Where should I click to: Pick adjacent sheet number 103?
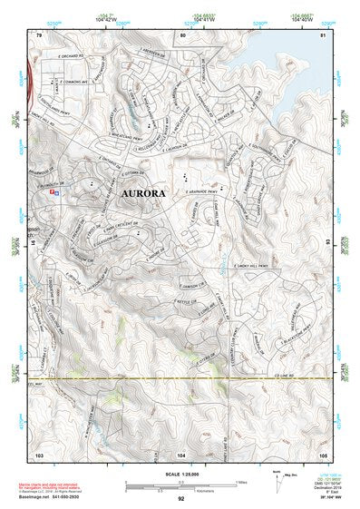39,452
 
